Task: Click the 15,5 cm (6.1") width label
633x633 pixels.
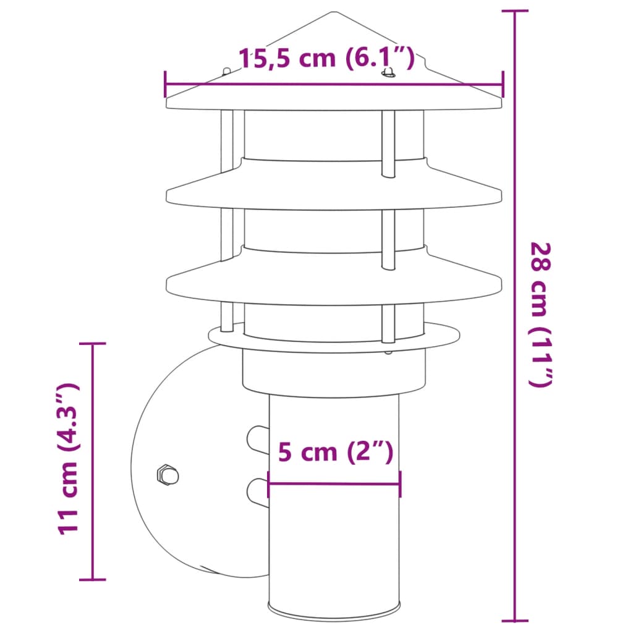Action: [326, 58]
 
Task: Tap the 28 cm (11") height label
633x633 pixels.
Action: [539, 315]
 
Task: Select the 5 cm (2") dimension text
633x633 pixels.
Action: [335, 452]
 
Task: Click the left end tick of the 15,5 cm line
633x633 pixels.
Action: [166, 85]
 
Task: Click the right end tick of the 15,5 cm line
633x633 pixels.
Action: [502, 85]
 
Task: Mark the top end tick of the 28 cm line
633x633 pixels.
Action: [514, 11]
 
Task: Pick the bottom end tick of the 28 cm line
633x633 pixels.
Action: [514, 620]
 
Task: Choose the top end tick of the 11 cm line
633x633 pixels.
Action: [93, 343]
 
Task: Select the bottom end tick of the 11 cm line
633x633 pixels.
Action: [93, 579]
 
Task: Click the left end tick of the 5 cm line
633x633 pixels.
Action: [268, 484]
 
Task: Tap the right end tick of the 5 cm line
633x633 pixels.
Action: [401, 484]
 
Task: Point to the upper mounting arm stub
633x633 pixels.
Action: [257, 439]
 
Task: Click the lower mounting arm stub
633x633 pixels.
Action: [257, 491]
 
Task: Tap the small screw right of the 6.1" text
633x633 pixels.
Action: [389, 74]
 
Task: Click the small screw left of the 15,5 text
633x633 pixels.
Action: [226, 71]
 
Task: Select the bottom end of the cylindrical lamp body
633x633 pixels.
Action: [334, 618]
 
